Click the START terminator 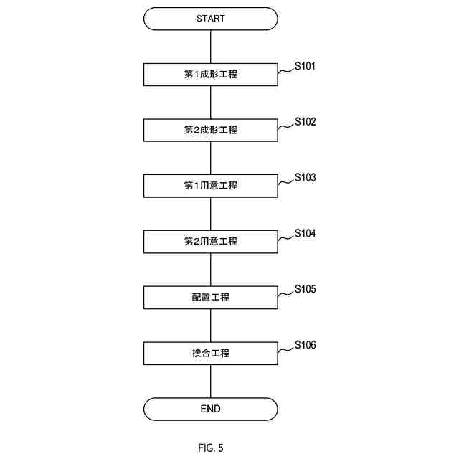click(x=210, y=19)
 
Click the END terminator click(x=210, y=409)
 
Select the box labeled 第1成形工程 click(x=210, y=75)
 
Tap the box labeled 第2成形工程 click(x=210, y=131)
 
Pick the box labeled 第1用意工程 click(x=210, y=186)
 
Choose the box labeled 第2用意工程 click(x=210, y=242)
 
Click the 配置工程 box click(x=210, y=297)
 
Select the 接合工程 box click(x=210, y=353)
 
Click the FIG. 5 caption click(x=211, y=448)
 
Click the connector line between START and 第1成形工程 click(x=210, y=47)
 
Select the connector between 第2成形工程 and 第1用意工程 click(x=210, y=158)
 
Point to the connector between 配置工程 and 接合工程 click(x=210, y=325)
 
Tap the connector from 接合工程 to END click(x=210, y=381)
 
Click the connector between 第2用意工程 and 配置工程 click(x=210, y=270)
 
